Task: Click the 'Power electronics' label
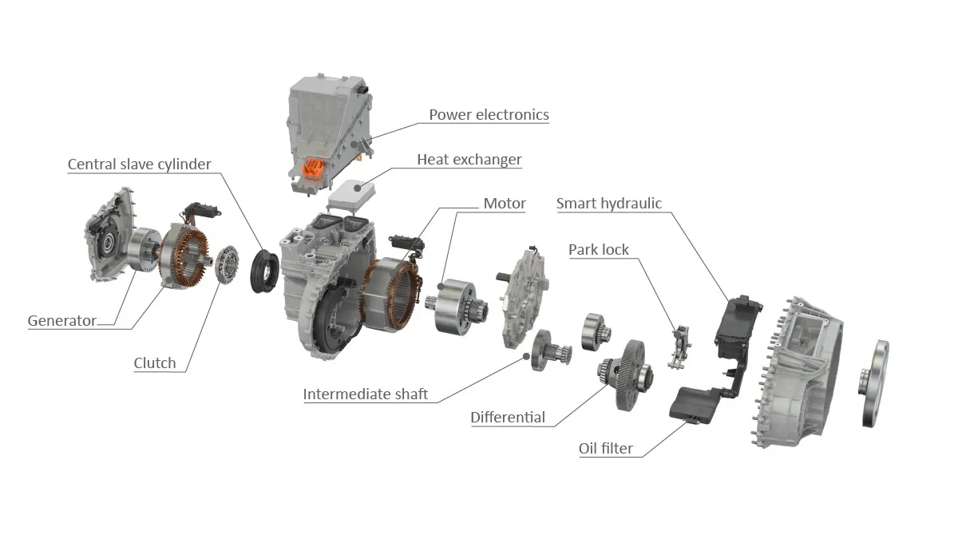pyautogui.click(x=489, y=115)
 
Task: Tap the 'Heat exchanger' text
pyautogui.click(x=469, y=160)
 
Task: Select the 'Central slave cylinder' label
pyautogui.click(x=139, y=164)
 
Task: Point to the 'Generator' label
pyautogui.click(x=62, y=321)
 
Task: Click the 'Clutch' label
pyautogui.click(x=155, y=363)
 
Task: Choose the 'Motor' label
pyautogui.click(x=505, y=204)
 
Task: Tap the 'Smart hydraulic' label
pyautogui.click(x=609, y=204)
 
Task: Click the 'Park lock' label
pyautogui.click(x=599, y=250)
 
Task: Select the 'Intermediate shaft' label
pyautogui.click(x=366, y=394)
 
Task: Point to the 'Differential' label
pyautogui.click(x=508, y=418)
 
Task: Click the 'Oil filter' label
pyautogui.click(x=606, y=449)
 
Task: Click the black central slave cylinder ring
pyautogui.click(x=261, y=272)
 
